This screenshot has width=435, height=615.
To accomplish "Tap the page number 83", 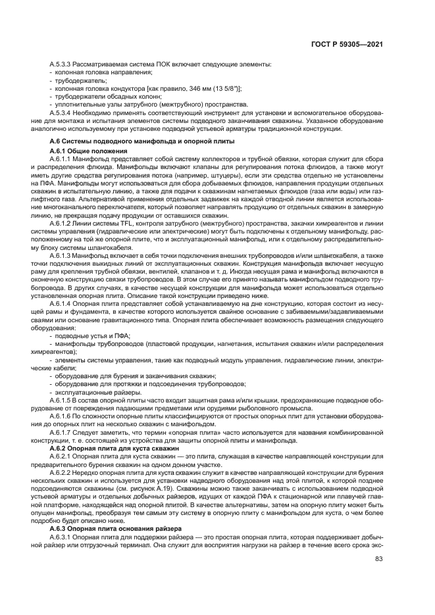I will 379,559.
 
